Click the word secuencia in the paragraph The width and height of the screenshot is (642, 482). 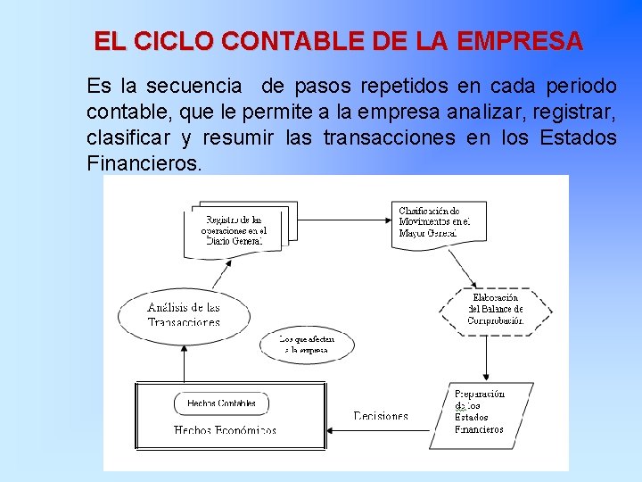click(193, 87)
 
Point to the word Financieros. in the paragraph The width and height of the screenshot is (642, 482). click(144, 163)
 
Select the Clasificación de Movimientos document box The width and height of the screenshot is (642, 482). click(434, 221)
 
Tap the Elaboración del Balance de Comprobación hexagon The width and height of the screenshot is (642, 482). click(495, 309)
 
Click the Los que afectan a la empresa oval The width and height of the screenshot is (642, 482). click(307, 344)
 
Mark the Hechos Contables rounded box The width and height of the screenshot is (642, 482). click(221, 403)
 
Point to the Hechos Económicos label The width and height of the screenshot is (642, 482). click(225, 429)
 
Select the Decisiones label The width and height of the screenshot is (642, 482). click(381, 416)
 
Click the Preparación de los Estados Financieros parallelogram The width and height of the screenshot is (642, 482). click(480, 411)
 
